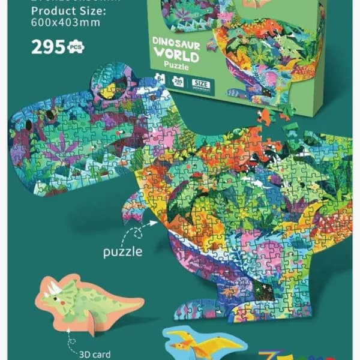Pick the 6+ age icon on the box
coord(160,78)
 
